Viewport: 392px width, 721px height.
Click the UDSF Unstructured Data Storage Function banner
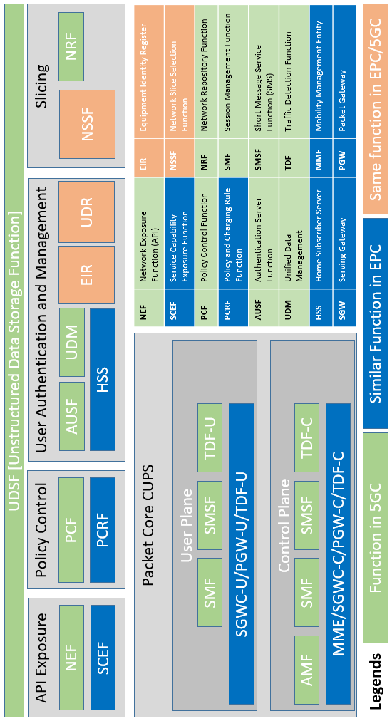pos(14,360)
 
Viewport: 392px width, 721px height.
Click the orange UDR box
pos(87,212)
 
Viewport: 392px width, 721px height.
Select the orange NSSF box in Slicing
pos(87,122)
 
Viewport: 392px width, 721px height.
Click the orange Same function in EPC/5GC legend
pos(375,107)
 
